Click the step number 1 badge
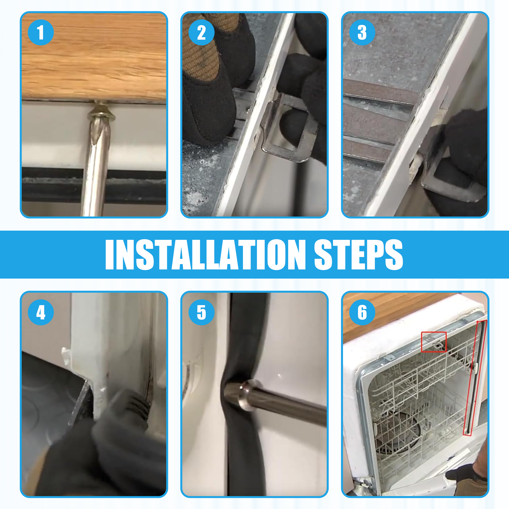click(41, 32)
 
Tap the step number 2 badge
click(202, 32)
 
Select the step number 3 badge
click(362, 32)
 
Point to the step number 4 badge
click(41, 312)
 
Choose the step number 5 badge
click(202, 312)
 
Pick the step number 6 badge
click(362, 312)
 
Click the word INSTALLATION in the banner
click(205, 255)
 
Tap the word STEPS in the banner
click(359, 255)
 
